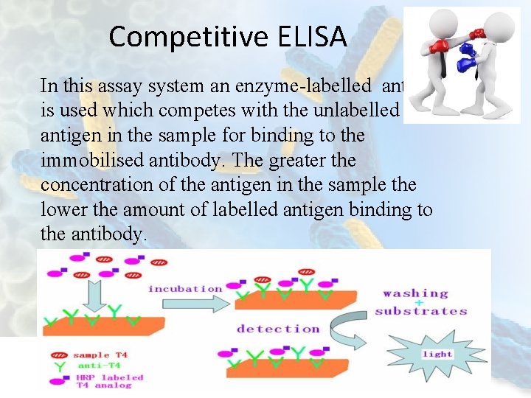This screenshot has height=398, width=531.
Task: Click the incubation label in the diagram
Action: pos(185,288)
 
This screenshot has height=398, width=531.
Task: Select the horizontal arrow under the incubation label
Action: pos(185,304)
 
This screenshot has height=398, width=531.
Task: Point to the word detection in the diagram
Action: pos(278,329)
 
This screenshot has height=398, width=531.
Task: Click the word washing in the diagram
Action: pos(415,293)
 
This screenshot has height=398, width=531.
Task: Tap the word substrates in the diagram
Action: pos(421,311)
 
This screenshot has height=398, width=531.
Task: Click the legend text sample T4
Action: pos(100,355)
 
